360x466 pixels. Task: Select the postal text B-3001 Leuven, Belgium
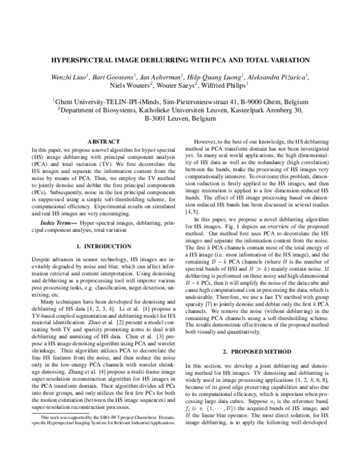click(180, 120)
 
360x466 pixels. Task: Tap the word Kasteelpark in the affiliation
click(238, 110)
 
